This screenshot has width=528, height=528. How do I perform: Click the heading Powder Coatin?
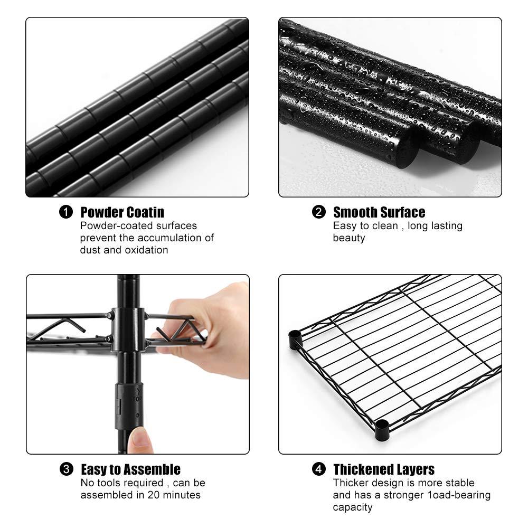(122, 212)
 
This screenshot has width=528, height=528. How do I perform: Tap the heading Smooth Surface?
(379, 212)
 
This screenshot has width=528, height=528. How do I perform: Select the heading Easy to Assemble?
(130, 469)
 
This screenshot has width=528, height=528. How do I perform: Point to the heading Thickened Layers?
(383, 469)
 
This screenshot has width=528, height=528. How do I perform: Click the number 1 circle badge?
(65, 212)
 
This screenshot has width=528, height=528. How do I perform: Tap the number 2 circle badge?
(318, 212)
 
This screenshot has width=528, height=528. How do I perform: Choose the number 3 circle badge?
(66, 469)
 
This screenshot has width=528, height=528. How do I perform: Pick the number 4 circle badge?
(318, 469)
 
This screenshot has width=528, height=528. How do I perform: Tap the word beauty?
(348, 238)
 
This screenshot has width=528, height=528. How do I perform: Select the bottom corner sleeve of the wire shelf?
(382, 429)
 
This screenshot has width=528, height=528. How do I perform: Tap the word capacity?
(352, 507)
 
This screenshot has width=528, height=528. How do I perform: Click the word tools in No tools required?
(108, 483)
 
